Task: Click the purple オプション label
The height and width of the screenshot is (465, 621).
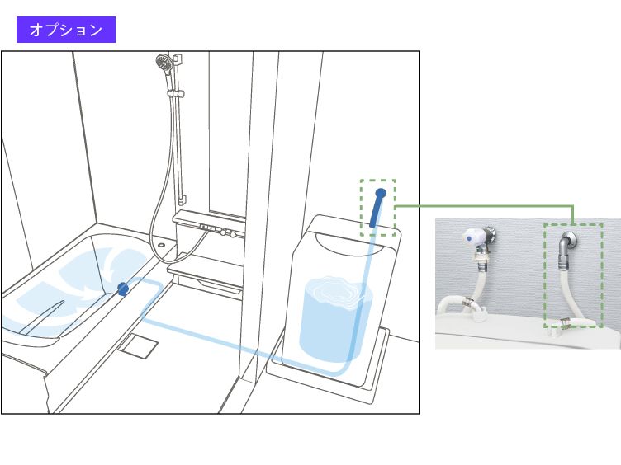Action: tap(66, 30)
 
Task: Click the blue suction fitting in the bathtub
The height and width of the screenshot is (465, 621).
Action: tap(123, 289)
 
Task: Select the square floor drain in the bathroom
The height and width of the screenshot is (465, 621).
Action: tap(138, 346)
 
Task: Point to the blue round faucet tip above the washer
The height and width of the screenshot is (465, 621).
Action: tap(381, 194)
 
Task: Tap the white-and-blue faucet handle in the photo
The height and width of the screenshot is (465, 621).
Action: tap(472, 237)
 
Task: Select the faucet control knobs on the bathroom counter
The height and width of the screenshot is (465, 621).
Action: tap(229, 233)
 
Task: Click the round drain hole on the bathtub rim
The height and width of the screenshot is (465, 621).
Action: tap(161, 245)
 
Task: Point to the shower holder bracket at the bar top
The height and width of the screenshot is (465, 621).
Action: tap(178, 59)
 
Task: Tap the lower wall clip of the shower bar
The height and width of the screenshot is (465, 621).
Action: tap(182, 200)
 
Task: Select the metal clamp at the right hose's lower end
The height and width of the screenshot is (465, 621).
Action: tap(565, 322)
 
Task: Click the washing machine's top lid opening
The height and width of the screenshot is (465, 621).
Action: tap(349, 242)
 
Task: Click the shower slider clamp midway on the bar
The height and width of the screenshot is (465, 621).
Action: tap(177, 94)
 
